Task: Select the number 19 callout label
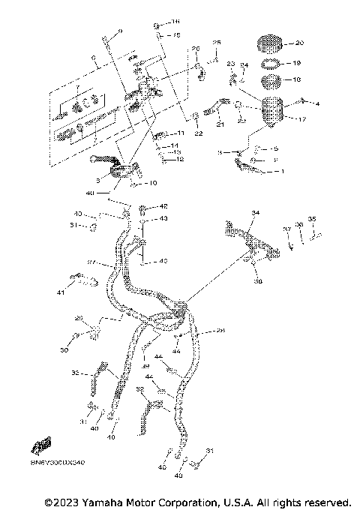tap(297, 64)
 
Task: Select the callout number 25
tap(217, 43)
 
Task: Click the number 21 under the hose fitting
tap(220, 124)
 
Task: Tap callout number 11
tap(180, 133)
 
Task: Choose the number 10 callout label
tap(152, 182)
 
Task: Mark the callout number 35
tap(313, 219)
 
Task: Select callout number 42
tap(163, 206)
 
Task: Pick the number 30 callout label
tap(64, 350)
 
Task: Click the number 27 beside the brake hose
tap(90, 262)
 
